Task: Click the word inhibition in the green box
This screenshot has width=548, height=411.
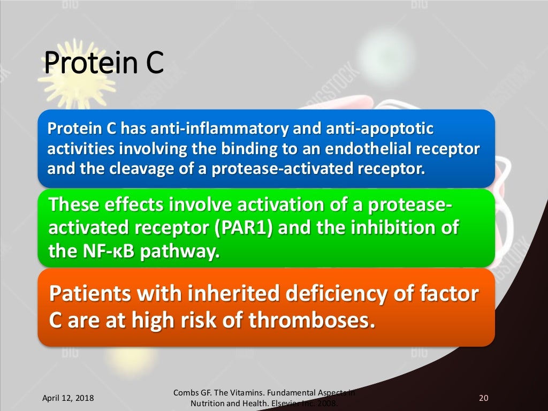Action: pos(391,228)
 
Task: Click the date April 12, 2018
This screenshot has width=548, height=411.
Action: pos(67,398)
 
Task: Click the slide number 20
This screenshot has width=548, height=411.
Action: pos(483,398)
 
